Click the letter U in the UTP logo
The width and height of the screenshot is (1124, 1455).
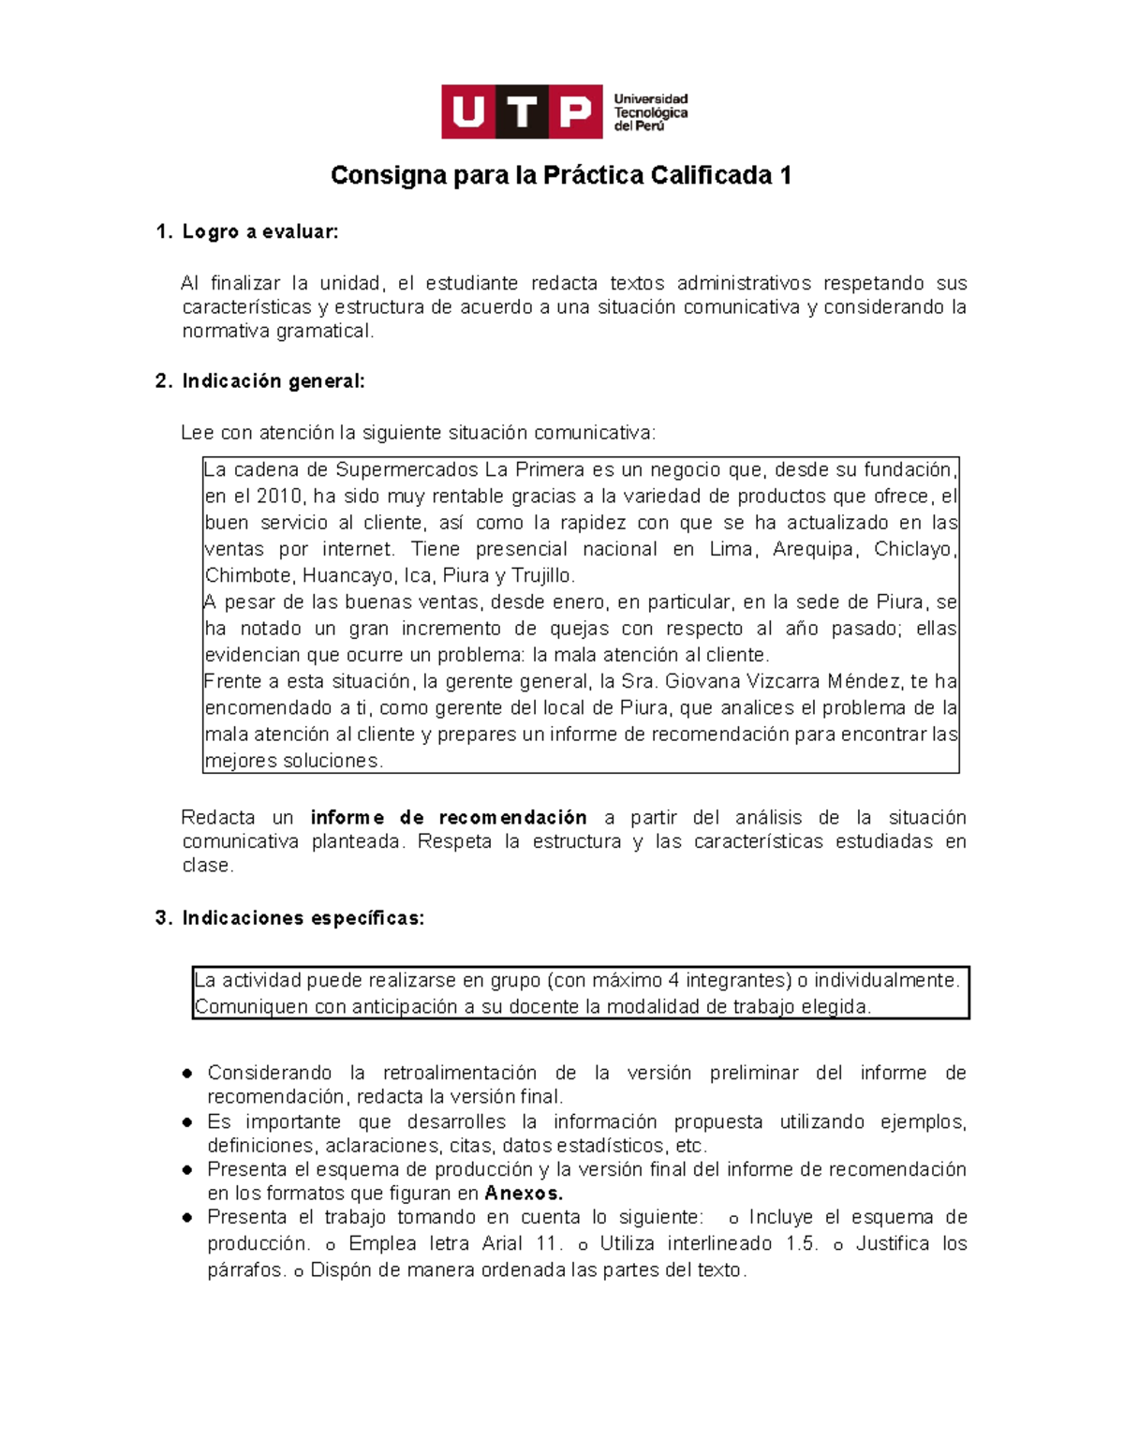[x=468, y=112]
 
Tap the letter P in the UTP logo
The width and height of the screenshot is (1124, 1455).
[x=576, y=112]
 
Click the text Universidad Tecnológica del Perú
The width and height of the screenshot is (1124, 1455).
[x=651, y=112]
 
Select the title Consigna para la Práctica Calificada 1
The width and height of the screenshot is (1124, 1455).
[x=561, y=175]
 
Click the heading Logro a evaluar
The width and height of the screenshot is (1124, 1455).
[x=259, y=231]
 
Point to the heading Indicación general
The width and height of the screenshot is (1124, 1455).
[x=273, y=380]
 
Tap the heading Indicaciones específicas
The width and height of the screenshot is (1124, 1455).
[x=303, y=917]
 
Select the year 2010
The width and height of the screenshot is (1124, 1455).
[x=279, y=496]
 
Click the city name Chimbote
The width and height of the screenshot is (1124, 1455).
[x=247, y=575]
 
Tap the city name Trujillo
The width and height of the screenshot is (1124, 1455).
[x=541, y=575]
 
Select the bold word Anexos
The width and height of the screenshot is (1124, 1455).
[x=523, y=1193]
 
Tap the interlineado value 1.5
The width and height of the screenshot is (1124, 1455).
[x=802, y=1243]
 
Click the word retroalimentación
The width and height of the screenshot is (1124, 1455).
[x=460, y=1072]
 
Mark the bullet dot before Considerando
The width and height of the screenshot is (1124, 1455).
[x=188, y=1073]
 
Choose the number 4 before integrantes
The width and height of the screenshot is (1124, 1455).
[x=673, y=980]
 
